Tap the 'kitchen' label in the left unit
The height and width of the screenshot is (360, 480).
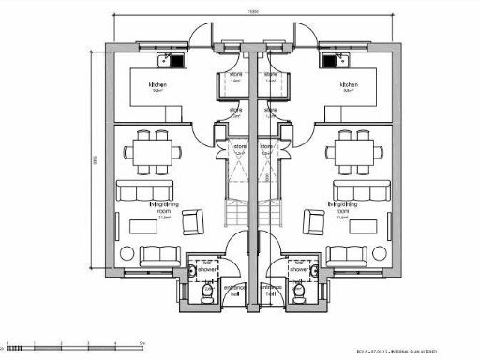(156, 87)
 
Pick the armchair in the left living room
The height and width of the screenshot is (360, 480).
(192, 221)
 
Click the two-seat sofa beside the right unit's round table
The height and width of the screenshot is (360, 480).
(345, 254)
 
